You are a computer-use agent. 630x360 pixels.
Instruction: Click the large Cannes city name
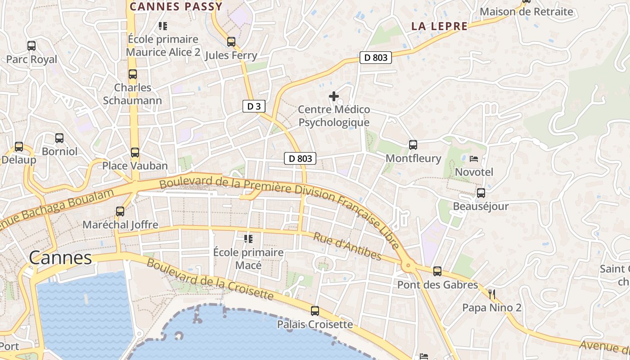coord(60,258)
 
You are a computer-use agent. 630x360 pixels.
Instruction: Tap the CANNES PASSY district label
coord(176,6)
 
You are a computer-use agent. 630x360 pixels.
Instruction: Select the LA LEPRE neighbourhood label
coord(439,26)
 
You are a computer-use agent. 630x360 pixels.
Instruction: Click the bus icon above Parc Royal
coord(31,45)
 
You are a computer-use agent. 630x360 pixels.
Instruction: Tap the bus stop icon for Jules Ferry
coord(231,42)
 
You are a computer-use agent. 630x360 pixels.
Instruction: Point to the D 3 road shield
coord(254,106)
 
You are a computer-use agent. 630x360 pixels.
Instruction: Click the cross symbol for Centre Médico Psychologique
coord(334,96)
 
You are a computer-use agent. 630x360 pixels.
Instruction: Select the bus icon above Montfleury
coord(413,145)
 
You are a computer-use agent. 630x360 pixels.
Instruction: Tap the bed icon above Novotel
coord(474,158)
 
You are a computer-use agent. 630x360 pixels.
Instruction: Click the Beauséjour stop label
coord(481,207)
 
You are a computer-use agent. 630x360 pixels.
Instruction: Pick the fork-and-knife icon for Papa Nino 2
coord(492,295)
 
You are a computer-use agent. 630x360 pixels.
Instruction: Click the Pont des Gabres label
coord(437,285)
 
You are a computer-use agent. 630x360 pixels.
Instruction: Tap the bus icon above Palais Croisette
coord(315,311)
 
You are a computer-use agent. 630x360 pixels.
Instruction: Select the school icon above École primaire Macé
coord(248,238)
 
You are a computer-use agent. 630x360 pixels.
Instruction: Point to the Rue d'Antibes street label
coord(347,247)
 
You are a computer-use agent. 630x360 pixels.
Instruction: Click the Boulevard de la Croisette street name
coord(210,279)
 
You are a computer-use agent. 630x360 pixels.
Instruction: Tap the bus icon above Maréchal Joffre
coord(120,211)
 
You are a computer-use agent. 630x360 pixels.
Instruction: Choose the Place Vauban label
coord(135,166)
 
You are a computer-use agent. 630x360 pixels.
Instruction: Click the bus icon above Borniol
coord(59,138)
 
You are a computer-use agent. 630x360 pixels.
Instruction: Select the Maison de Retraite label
coord(527,12)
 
